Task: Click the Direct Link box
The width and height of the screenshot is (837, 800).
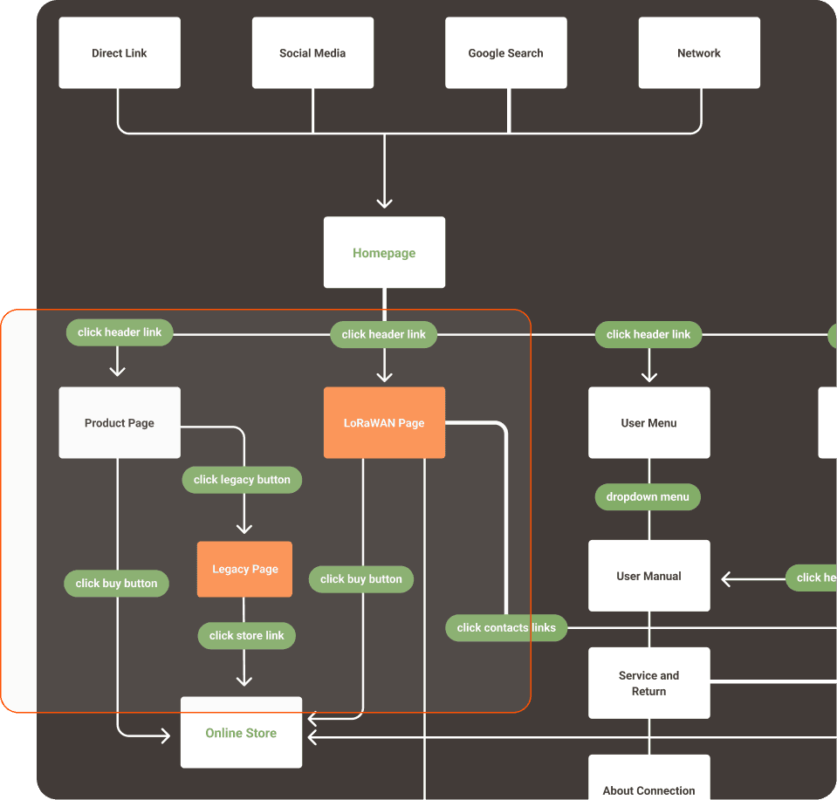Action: point(120,53)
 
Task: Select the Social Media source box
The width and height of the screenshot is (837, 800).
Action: point(312,53)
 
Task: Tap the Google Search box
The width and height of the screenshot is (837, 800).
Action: point(505,53)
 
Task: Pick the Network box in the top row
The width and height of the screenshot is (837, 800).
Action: point(699,53)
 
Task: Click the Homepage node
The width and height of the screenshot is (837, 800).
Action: point(384,253)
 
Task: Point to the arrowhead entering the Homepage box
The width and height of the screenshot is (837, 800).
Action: point(384,202)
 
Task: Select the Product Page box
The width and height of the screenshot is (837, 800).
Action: point(120,423)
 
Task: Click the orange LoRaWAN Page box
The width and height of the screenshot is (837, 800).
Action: point(384,423)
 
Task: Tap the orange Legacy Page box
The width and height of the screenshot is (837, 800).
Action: point(244,569)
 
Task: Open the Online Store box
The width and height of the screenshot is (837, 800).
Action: point(241,733)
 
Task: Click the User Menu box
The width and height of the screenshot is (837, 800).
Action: point(648,423)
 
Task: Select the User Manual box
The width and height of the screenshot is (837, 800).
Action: point(648,576)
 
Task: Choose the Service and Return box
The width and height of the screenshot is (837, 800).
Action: point(648,683)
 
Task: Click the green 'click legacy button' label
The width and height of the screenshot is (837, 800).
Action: point(242,479)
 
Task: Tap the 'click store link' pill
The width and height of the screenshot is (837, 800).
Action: point(246,635)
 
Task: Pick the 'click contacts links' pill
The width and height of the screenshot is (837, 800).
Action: point(506,627)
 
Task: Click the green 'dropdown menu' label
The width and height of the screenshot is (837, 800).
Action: point(648,496)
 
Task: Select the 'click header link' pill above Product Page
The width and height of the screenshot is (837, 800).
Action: point(120,332)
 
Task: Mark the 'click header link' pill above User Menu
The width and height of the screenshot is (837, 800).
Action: point(648,334)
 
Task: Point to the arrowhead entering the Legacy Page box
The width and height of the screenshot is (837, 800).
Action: point(244,528)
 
